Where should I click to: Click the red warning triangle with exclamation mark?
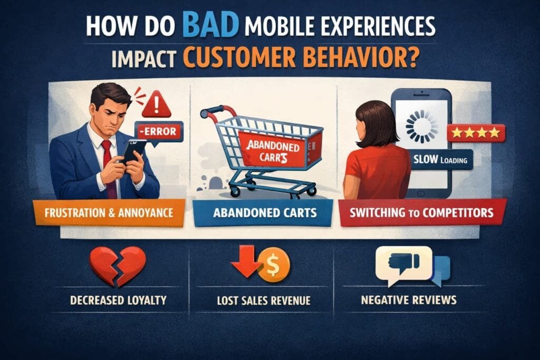(156, 104)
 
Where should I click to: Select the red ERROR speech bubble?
(159, 132)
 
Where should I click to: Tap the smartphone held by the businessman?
(133, 151)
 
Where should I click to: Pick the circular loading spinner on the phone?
(421, 126)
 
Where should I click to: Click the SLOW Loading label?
(440, 160)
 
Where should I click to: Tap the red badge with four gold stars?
(476, 133)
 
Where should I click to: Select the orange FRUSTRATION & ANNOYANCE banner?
(109, 213)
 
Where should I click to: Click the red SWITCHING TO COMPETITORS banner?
(422, 212)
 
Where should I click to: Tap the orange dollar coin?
(274, 265)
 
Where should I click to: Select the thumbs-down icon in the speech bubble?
(403, 262)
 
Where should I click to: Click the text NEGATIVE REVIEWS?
(409, 300)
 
